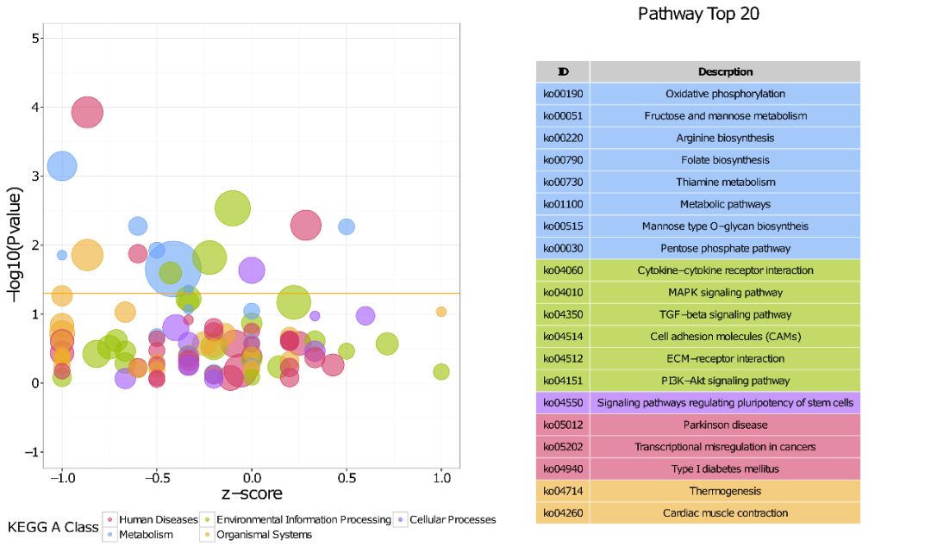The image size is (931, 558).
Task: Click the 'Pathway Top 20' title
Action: click(698, 14)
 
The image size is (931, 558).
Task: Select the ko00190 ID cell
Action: click(561, 94)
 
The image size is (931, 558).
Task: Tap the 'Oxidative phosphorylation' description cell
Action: click(725, 94)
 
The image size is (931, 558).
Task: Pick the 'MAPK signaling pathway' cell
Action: click(725, 293)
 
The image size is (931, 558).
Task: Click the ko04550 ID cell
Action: click(561, 403)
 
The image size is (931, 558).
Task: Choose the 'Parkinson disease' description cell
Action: click(725, 425)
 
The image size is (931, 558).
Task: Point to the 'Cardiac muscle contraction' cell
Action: click(725, 513)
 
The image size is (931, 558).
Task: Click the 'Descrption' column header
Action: click(725, 71)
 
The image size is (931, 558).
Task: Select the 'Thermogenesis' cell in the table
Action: click(725, 491)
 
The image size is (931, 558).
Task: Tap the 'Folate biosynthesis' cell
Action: click(725, 160)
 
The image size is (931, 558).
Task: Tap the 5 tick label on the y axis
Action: click(34, 39)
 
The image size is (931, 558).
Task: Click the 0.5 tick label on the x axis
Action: click(347, 476)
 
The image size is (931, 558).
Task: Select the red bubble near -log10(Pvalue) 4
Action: click(87, 111)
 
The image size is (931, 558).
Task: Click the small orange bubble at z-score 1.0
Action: click(441, 312)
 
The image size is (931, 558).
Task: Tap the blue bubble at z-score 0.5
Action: click(347, 226)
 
